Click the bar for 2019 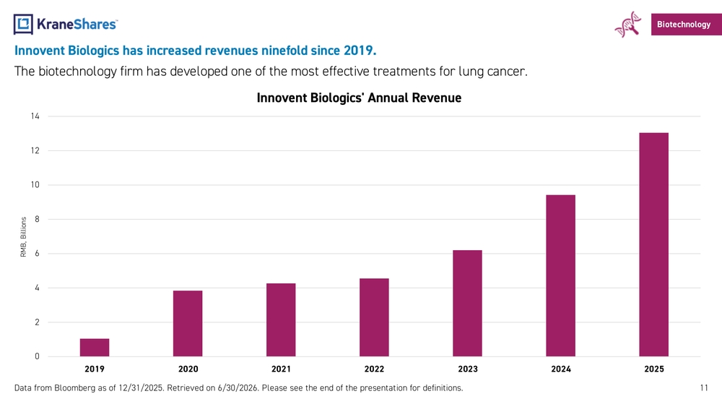tap(95, 348)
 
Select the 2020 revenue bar tap(188, 324)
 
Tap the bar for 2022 tap(374, 317)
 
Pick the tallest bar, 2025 tap(654, 244)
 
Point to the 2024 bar tap(560, 275)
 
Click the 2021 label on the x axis tap(281, 369)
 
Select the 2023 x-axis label tap(468, 369)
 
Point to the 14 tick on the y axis tap(35, 116)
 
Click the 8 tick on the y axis tap(38, 219)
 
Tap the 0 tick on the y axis tap(38, 356)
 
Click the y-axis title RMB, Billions tap(24, 237)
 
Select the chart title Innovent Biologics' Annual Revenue tap(359, 98)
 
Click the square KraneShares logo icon tap(23, 24)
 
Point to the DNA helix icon tap(628, 25)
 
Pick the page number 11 tap(704, 387)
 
